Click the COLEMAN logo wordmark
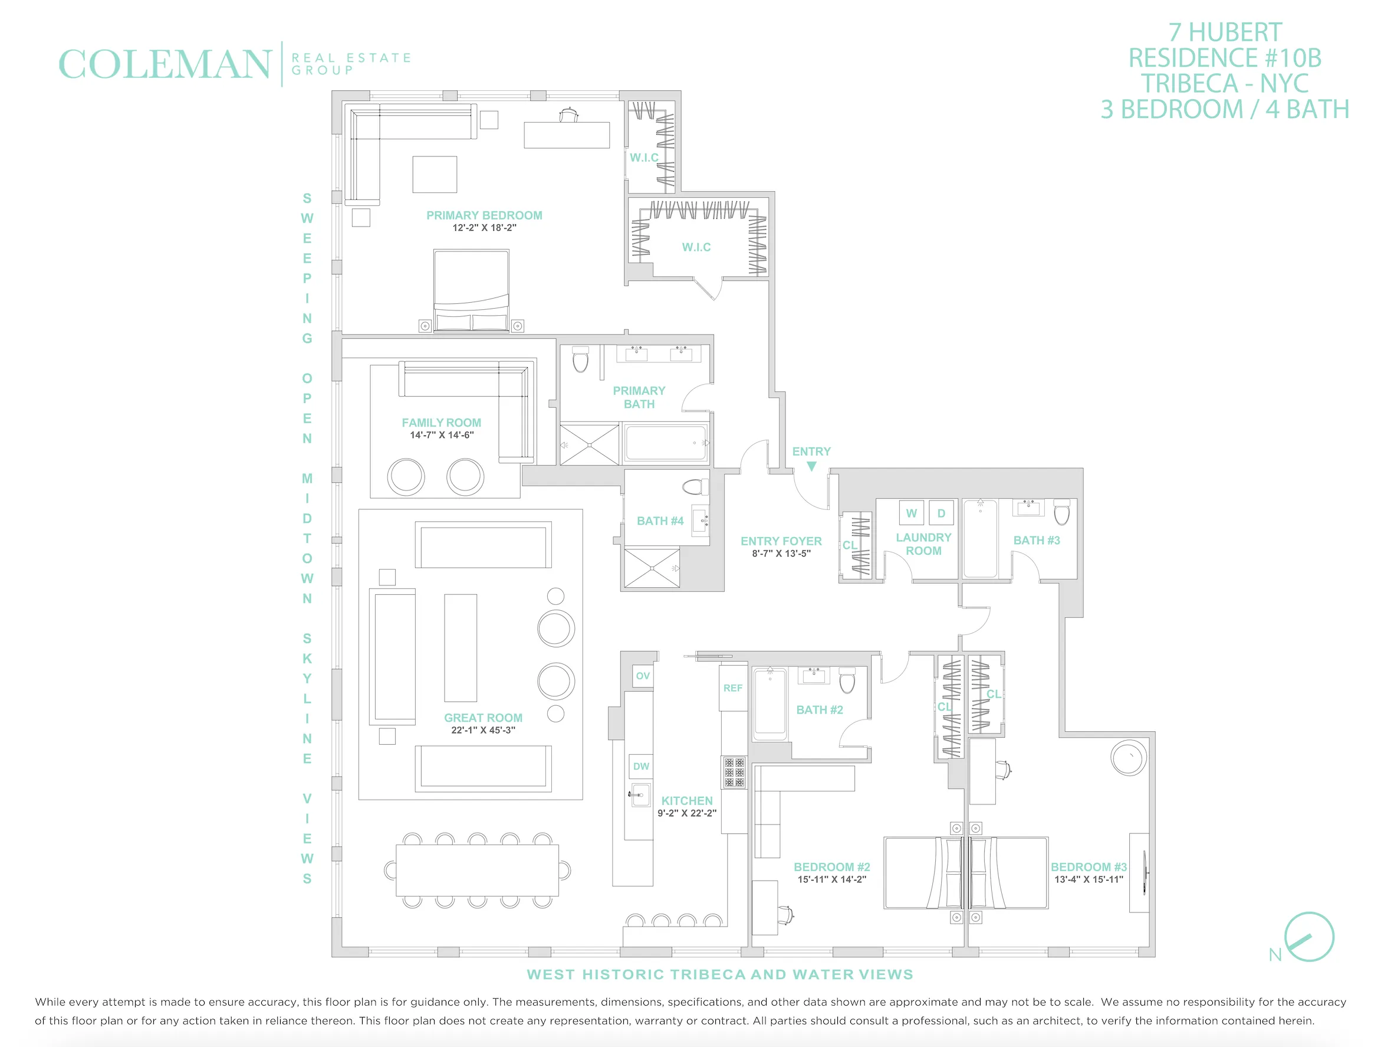[x=164, y=64]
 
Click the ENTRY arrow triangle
[x=811, y=466]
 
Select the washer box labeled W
[x=911, y=513]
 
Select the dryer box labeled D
[x=941, y=513]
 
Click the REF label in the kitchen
[x=732, y=688]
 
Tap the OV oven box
[x=642, y=676]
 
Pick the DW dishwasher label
[x=640, y=766]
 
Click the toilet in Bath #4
[x=695, y=487]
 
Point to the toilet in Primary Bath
[x=581, y=360]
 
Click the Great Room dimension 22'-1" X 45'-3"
[x=482, y=729]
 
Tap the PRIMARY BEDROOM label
[x=484, y=215]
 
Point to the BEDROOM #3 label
[x=1088, y=866]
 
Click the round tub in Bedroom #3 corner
[x=1129, y=758]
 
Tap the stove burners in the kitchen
[x=734, y=772]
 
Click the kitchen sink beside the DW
[x=640, y=794]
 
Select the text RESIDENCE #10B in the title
[x=1224, y=58]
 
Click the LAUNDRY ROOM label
[x=923, y=544]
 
